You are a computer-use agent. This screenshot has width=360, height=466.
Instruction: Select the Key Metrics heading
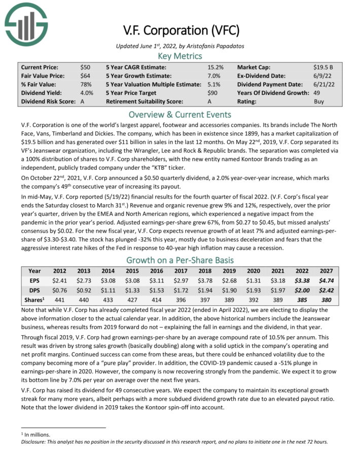click(x=180, y=56)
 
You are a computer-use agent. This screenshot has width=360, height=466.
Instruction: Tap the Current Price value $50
click(x=86, y=67)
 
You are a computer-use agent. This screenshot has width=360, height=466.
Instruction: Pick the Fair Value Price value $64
click(x=86, y=76)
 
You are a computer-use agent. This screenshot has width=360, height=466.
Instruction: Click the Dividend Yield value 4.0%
click(x=87, y=93)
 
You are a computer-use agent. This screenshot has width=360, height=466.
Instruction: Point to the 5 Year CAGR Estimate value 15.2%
click(x=215, y=67)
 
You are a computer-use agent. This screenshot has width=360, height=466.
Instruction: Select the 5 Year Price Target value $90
click(x=212, y=93)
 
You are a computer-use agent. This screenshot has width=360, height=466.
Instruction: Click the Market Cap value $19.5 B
click(x=323, y=67)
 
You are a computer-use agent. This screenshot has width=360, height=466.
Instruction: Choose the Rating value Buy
click(x=319, y=101)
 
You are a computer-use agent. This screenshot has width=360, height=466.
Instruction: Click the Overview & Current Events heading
click(x=180, y=114)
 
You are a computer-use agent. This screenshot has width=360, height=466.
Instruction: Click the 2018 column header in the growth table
click(x=204, y=271)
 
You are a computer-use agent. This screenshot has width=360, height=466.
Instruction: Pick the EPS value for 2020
click(x=253, y=280)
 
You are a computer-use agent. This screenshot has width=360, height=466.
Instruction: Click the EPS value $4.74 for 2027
click(x=326, y=280)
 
